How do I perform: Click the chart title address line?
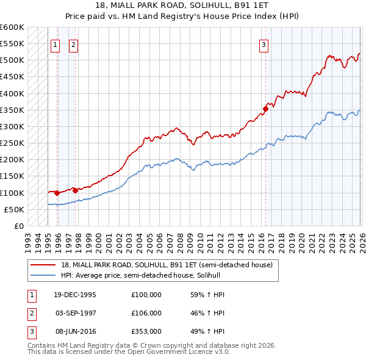(182, 5)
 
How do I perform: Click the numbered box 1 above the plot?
(55, 44)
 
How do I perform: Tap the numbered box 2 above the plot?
(73, 44)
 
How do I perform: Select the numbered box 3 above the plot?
(264, 44)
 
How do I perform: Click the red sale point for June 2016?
(265, 109)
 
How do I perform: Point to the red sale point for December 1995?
(57, 193)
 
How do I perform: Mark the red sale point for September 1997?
(75, 190)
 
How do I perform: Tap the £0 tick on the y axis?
(18, 226)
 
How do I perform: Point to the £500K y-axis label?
(12, 60)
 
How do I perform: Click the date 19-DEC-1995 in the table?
(75, 295)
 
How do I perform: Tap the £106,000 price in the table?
(146, 313)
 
